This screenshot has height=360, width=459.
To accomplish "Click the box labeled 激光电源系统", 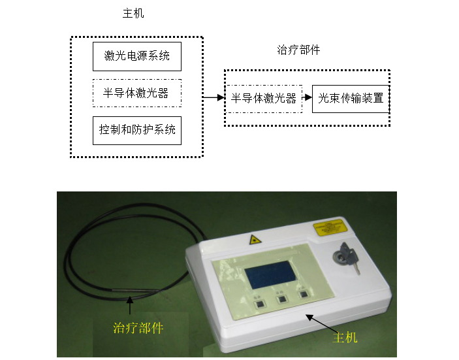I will tap(136, 56).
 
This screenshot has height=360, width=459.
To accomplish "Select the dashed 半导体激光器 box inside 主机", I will tap(136, 93).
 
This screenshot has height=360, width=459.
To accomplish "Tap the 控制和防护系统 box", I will tap(136, 130).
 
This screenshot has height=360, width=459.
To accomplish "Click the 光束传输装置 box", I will tap(351, 99).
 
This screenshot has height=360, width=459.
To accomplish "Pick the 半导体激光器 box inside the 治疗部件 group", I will tap(264, 99).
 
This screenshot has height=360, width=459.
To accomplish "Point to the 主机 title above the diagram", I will tap(133, 14).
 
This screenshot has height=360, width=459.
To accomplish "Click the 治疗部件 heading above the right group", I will tap(299, 50).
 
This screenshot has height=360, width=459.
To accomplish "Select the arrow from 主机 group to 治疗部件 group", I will tap(214, 98).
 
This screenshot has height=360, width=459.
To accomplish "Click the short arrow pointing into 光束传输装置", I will tap(307, 99).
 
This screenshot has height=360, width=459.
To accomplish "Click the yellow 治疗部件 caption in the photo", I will tap(138, 328).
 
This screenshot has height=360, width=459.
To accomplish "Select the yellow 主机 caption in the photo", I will tap(345, 338).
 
